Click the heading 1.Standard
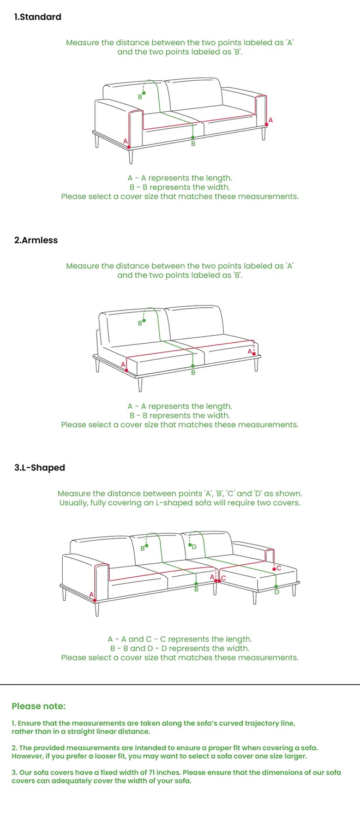[38, 17]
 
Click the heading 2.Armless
[36, 240]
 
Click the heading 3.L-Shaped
[40, 468]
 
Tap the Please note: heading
[39, 706]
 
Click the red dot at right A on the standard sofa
[267, 125]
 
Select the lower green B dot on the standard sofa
[193, 138]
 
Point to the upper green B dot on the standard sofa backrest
[144, 93]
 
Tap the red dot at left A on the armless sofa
[127, 370]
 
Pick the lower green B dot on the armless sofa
[193, 366]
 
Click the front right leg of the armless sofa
[256, 364]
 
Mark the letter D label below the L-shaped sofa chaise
[277, 592]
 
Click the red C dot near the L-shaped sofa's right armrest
[274, 569]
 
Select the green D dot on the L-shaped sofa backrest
[190, 545]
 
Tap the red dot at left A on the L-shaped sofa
[94, 600]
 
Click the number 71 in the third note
[152, 772]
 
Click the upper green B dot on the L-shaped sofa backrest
[146, 546]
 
